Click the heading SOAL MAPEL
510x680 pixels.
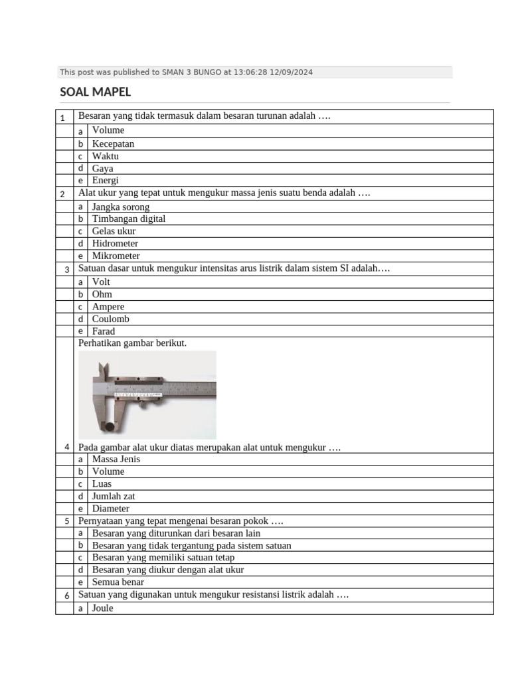pos(95,92)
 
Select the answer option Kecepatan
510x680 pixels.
pos(113,143)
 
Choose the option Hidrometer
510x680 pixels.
pos(115,243)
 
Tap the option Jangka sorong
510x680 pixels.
pos(121,207)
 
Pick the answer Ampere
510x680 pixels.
pos(108,307)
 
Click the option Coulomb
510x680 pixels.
pos(110,319)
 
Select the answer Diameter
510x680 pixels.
pos(110,509)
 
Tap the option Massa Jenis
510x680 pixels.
pos(116,459)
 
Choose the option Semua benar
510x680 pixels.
pos(118,582)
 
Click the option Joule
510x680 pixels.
pos(103,608)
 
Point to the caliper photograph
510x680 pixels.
pos(147,394)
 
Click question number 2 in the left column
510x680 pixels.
pos(62,194)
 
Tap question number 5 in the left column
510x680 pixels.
pos(67,521)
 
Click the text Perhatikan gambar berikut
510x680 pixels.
pos(133,343)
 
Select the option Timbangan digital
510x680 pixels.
pos(129,218)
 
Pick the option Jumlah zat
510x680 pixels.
pos(114,496)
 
